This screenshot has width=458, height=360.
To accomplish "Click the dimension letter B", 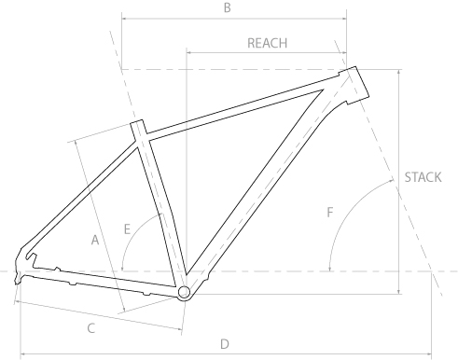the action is pos(228,7).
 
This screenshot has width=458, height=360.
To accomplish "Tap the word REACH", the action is pos(267,43).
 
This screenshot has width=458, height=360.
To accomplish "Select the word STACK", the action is pos(423,177).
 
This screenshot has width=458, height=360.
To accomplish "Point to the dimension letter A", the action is pos(95,240).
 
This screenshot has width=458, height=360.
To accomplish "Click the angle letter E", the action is pos(127,229).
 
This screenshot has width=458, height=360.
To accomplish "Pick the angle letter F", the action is pos(330,213).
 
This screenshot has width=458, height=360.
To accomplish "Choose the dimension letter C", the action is pos(90,328).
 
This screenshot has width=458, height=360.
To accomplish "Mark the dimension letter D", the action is pos(225,344).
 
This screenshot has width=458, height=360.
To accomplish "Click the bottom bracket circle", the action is pos(184,292).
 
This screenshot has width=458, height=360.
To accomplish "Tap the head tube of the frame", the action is pos(354,85).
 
